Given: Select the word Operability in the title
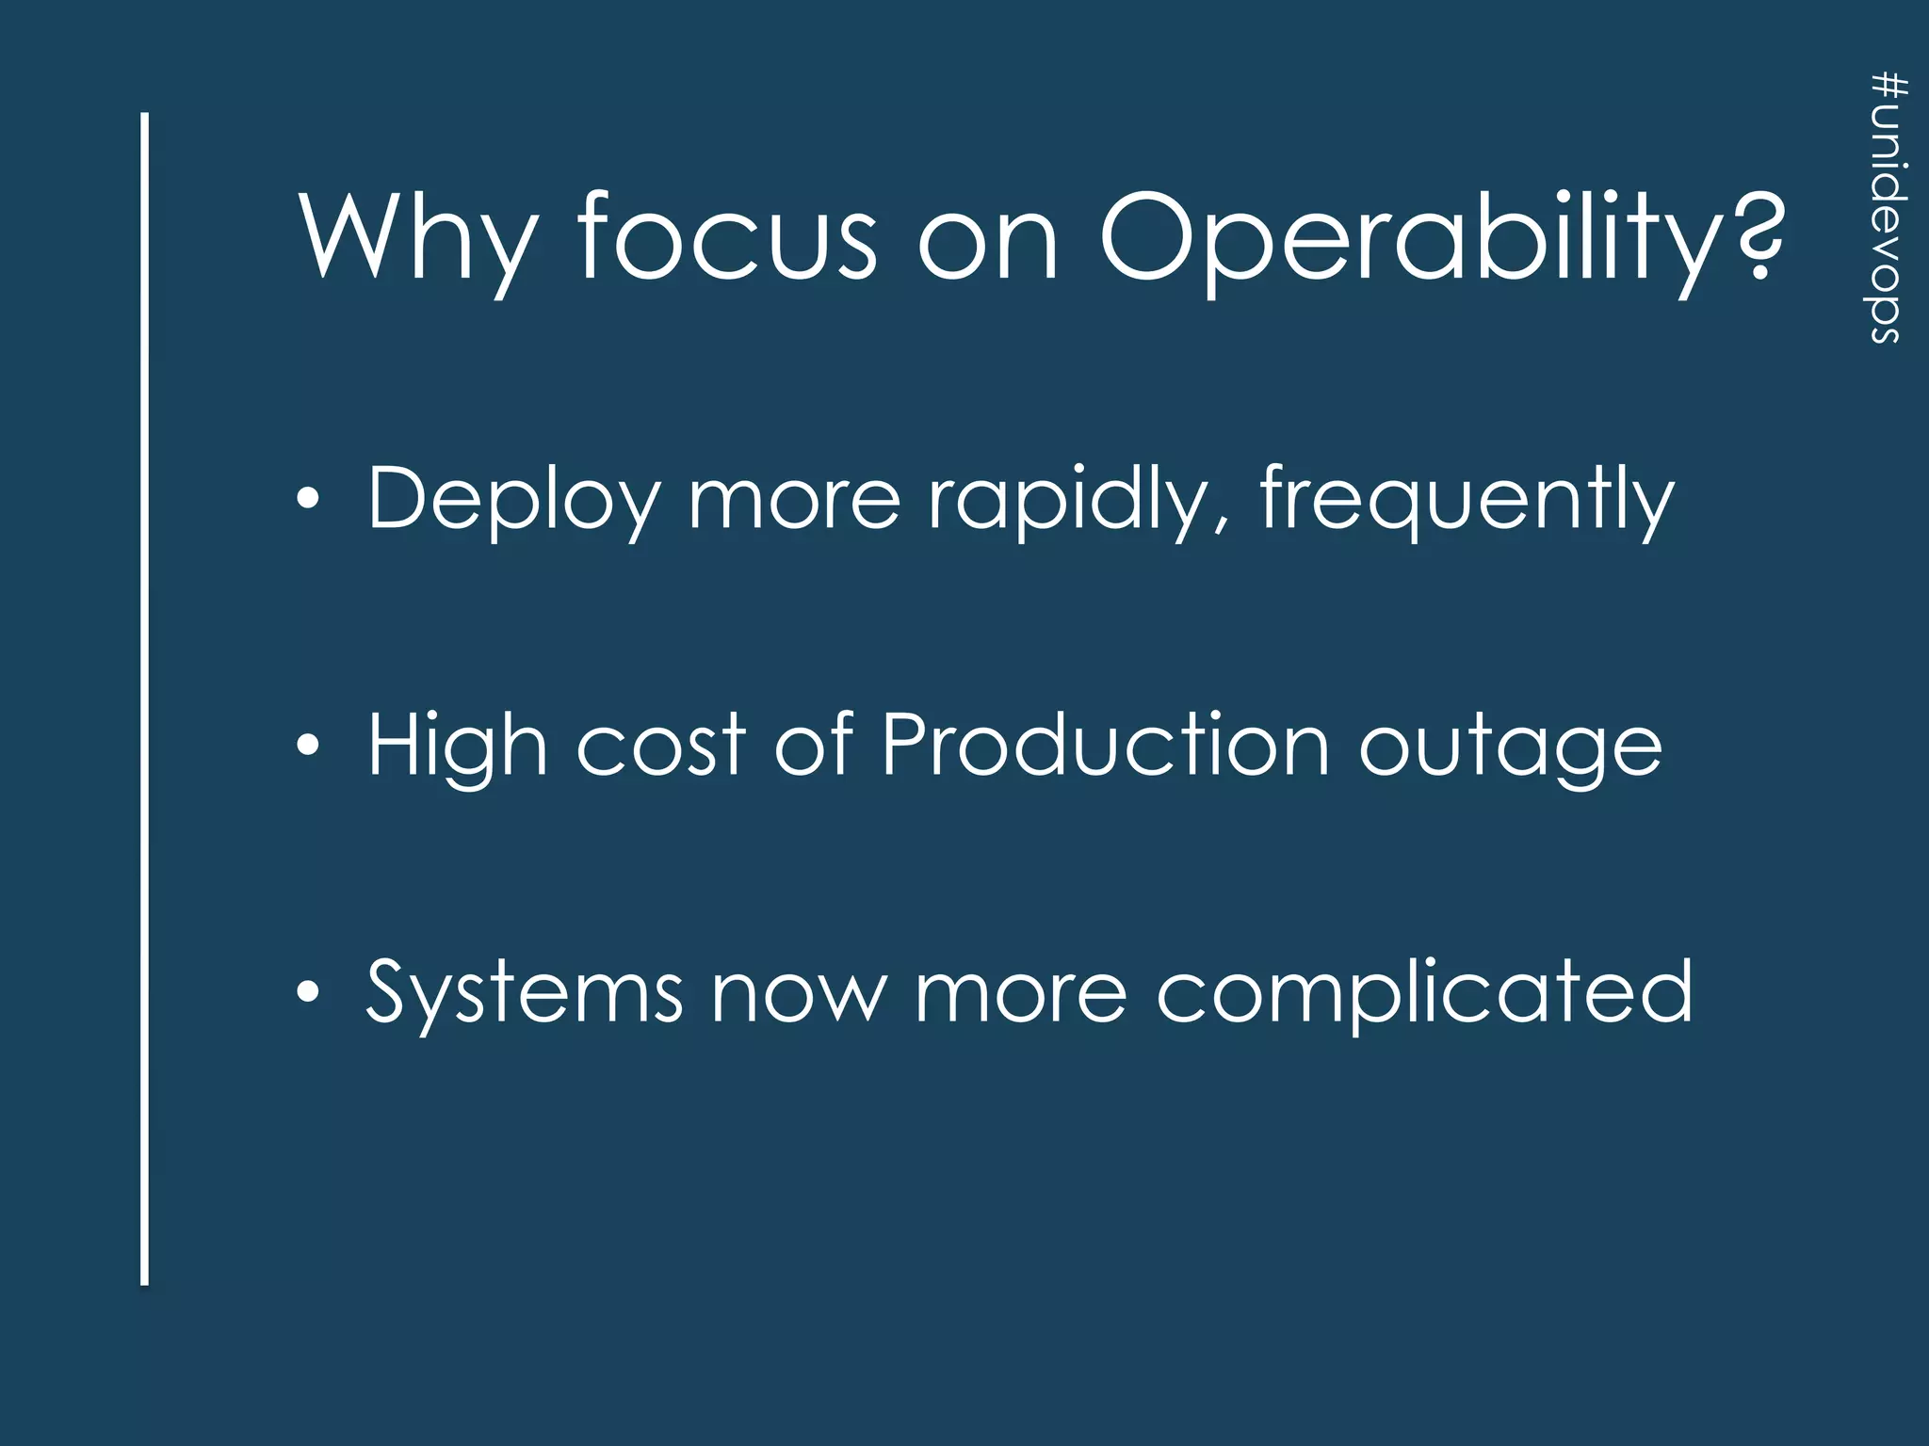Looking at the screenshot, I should [1412, 240].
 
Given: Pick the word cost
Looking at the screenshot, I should [660, 747].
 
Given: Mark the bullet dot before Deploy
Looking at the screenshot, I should [308, 499].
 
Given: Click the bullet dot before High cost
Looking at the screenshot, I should [308, 746].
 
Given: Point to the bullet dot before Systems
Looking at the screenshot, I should [308, 992].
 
